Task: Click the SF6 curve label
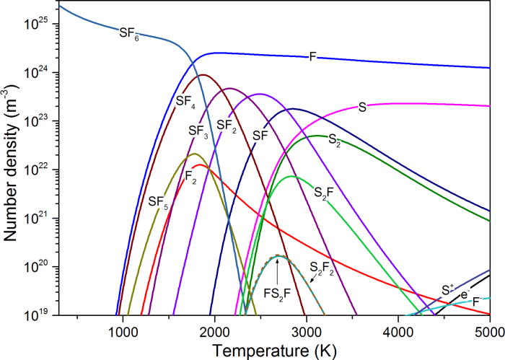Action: click(x=129, y=32)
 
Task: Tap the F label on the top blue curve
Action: click(x=312, y=56)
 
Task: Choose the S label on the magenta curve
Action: click(x=363, y=107)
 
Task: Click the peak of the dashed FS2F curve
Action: click(x=277, y=256)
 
